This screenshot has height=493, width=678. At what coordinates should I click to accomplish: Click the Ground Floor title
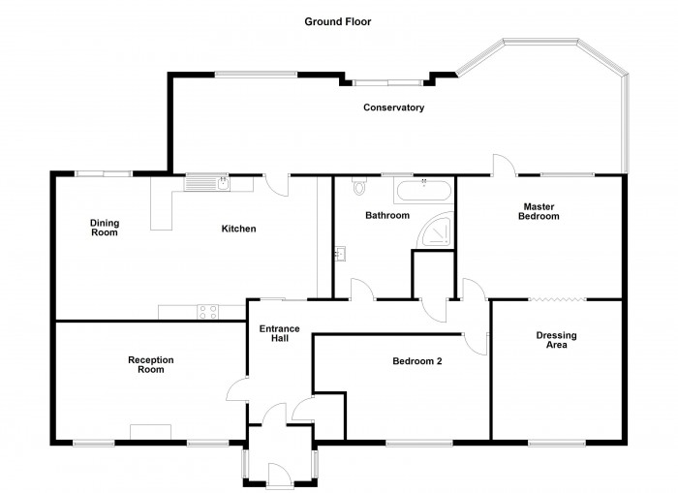tap(338, 21)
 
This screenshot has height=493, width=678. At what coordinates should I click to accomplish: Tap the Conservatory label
tap(393, 108)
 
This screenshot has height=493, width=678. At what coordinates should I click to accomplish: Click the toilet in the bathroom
tap(359, 186)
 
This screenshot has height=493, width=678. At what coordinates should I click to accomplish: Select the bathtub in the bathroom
tap(424, 190)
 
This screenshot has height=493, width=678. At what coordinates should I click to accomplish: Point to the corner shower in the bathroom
tap(437, 231)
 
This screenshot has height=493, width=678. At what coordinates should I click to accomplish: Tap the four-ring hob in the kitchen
tap(208, 312)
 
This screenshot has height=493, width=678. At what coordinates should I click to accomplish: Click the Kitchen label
tap(238, 229)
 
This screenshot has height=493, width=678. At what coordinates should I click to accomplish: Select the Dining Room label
tap(105, 228)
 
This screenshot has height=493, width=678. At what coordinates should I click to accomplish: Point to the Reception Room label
tap(151, 364)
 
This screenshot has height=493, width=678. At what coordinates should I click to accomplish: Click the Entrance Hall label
tap(279, 333)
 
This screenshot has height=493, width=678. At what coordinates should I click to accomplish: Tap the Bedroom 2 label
tap(417, 360)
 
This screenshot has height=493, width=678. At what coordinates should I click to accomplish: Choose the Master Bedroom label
tap(539, 211)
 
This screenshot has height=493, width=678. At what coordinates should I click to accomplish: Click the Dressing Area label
tap(557, 340)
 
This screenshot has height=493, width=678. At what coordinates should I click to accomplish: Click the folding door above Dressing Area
tap(558, 299)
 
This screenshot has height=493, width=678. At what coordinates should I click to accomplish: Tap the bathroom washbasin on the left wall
tap(340, 254)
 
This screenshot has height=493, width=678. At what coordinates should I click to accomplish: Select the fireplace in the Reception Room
tap(150, 432)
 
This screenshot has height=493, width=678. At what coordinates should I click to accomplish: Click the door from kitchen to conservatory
tap(277, 185)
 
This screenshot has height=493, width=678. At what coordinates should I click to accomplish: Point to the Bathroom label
tap(387, 215)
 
